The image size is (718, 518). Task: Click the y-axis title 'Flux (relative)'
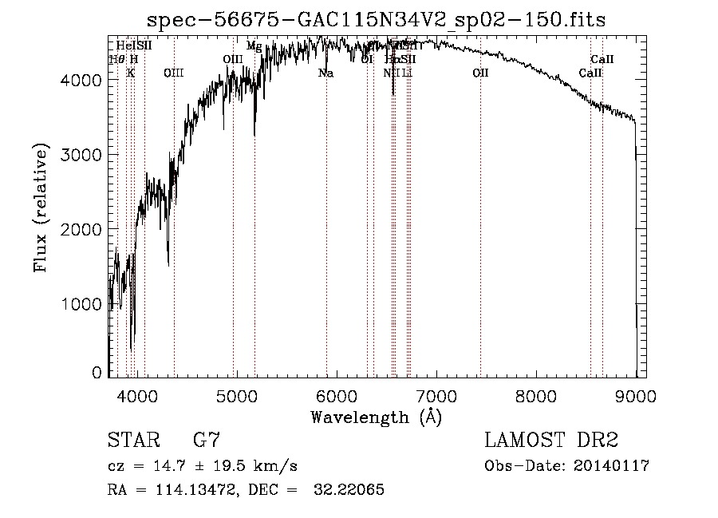click(41, 208)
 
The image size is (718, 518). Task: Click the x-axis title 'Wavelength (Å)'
click(376, 417)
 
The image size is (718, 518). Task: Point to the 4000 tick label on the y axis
click(84, 80)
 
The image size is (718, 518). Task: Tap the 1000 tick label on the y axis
click(84, 304)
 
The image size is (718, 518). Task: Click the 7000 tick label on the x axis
click(436, 396)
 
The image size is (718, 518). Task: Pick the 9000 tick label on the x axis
click(636, 396)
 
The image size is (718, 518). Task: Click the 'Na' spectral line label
click(325, 73)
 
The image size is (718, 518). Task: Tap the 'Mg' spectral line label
click(254, 46)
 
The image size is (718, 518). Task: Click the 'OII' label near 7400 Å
click(480, 73)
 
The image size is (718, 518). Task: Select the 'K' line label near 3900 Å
click(131, 73)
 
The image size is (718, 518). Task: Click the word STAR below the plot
click(132, 441)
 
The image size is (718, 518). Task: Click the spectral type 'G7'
click(207, 441)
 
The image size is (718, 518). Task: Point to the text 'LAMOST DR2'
click(551, 441)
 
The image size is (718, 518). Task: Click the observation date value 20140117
click(610, 466)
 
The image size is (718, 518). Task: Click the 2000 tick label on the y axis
click(84, 229)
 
